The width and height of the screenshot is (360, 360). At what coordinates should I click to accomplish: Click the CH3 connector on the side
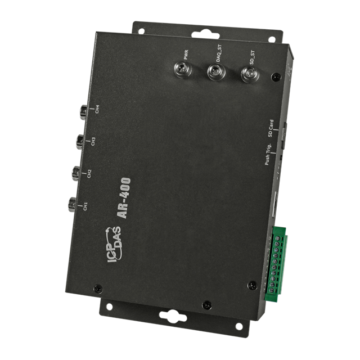(80, 140)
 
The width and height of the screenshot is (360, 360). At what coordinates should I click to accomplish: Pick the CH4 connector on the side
(83, 111)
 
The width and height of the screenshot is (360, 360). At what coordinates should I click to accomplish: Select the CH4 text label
(97, 109)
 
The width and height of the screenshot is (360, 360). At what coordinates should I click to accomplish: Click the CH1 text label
(85, 206)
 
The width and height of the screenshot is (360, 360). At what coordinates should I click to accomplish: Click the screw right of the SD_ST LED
(274, 76)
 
